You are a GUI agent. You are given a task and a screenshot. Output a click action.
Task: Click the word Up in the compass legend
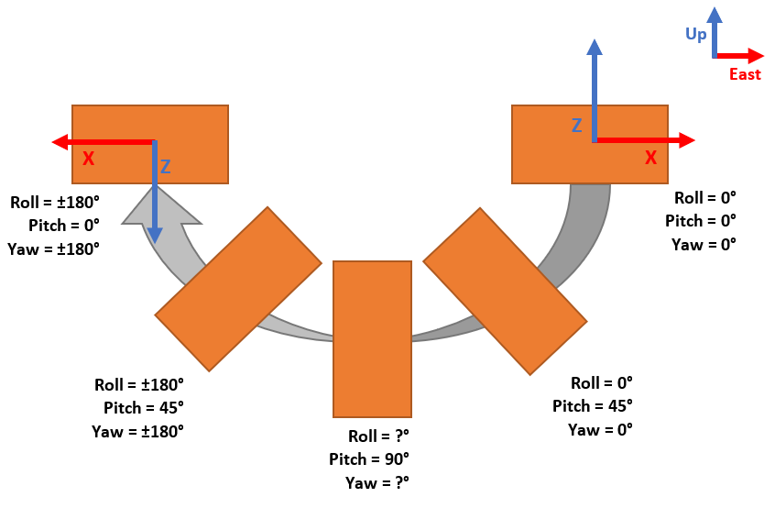click(696, 34)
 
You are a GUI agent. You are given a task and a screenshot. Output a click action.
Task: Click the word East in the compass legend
click(745, 74)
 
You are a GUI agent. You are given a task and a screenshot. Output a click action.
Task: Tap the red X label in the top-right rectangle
click(650, 158)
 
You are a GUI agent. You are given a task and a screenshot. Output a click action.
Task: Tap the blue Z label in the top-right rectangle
click(576, 126)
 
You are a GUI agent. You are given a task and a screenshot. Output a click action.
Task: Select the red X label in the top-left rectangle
click(88, 159)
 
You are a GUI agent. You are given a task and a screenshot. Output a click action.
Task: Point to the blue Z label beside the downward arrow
click(165, 167)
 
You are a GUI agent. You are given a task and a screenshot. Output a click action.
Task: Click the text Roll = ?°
click(378, 436)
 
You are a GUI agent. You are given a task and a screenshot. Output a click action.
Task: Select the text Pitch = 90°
click(369, 458)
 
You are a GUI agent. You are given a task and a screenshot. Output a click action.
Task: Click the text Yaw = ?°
click(377, 481)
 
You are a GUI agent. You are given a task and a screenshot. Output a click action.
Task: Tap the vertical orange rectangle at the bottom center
click(372, 339)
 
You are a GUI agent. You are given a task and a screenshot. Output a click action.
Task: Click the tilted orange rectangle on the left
click(238, 289)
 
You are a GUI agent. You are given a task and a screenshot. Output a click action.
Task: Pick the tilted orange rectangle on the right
click(505, 291)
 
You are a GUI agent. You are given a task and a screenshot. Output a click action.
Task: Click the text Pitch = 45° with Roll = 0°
click(593, 406)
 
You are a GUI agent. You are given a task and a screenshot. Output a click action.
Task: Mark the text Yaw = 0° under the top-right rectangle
click(704, 245)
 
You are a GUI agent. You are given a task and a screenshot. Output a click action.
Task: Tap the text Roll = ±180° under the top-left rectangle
click(54, 202)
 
